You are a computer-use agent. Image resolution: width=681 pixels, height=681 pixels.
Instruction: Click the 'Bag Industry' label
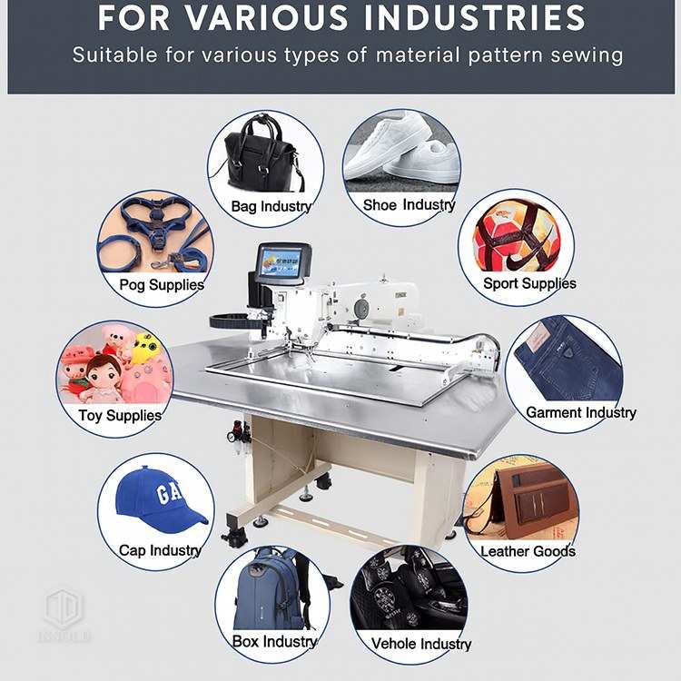pos(271,206)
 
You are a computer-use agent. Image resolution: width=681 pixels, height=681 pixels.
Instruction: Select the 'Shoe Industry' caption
pos(409,205)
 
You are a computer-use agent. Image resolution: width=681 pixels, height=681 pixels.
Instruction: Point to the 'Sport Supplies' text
pos(529,283)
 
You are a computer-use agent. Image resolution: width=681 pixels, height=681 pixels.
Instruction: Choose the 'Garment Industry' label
pos(581,412)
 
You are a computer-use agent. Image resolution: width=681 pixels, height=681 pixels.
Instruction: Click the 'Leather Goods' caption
pos(528,550)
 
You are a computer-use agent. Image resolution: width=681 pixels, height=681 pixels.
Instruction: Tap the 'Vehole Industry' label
pos(421,644)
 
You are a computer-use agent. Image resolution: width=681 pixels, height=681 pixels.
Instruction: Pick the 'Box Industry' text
pos(274,641)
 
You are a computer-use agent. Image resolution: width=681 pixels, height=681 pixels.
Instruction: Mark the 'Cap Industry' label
pos(160,550)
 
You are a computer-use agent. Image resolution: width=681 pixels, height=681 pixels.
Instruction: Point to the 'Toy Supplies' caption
pos(120,416)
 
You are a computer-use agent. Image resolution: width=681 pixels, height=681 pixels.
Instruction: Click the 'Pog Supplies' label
pos(162,284)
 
